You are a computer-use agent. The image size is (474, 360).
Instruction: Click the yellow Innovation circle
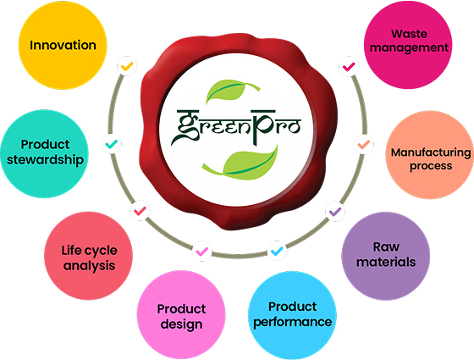tap(63, 45)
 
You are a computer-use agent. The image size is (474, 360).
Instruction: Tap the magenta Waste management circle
tap(408, 44)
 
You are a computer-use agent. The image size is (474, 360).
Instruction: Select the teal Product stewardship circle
tap(44, 153)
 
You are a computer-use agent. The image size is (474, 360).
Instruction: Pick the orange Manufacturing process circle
tap(430, 154)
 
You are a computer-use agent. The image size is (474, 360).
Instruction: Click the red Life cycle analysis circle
tap(88, 256)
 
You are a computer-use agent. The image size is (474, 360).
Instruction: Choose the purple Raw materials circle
tap(386, 256)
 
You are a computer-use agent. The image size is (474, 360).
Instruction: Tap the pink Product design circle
tap(181, 314)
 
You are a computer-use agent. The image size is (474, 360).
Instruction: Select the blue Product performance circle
tap(292, 315)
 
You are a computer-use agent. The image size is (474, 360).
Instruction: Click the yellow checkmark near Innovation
tap(127, 66)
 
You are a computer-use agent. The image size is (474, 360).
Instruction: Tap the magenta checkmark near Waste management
tap(349, 66)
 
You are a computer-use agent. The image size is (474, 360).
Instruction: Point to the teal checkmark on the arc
tap(112, 144)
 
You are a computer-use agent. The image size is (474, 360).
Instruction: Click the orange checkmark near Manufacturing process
tap(364, 144)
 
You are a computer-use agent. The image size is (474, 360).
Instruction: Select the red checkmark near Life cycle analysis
tap(140, 211)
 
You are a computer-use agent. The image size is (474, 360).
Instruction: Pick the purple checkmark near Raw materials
tap(335, 211)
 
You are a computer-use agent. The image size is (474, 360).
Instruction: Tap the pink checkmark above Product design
tap(202, 251)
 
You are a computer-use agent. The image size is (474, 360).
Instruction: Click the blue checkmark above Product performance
tap(277, 251)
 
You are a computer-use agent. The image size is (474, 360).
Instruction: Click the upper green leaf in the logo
tap(229, 90)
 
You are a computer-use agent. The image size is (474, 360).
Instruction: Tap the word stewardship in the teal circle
tap(45, 160)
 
